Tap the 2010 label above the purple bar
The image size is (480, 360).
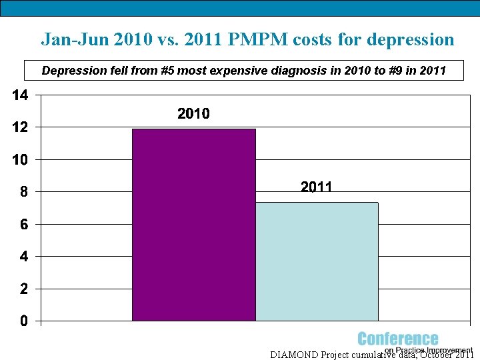pyautogui.click(x=193, y=114)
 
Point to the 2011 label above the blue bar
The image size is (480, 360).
pyautogui.click(x=316, y=187)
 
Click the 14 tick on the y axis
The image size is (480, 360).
pyautogui.click(x=20, y=95)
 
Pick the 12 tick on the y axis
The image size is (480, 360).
pyautogui.click(x=20, y=127)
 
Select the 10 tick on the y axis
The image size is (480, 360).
pyautogui.click(x=20, y=160)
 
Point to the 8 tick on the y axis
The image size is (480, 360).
pyautogui.click(x=23, y=192)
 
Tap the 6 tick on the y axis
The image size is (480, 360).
pyautogui.click(x=23, y=225)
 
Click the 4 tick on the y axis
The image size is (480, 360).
pyautogui.click(x=23, y=257)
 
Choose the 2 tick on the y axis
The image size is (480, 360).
pyautogui.click(x=23, y=289)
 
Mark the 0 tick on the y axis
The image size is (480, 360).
pyautogui.click(x=23, y=321)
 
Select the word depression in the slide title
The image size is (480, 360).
pyautogui.click(x=412, y=39)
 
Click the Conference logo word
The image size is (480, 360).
pyautogui.click(x=398, y=339)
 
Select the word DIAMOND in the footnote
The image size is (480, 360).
pyautogui.click(x=294, y=355)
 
